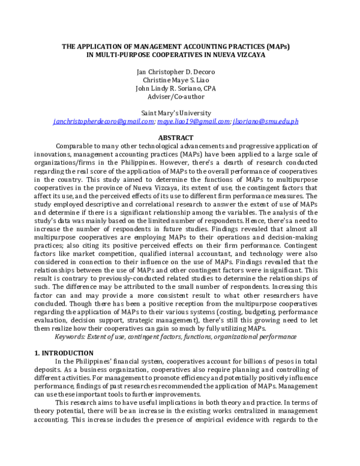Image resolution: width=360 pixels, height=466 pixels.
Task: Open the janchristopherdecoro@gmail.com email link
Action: click(x=103, y=121)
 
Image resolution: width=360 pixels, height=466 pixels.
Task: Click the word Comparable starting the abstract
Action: click(x=76, y=146)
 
